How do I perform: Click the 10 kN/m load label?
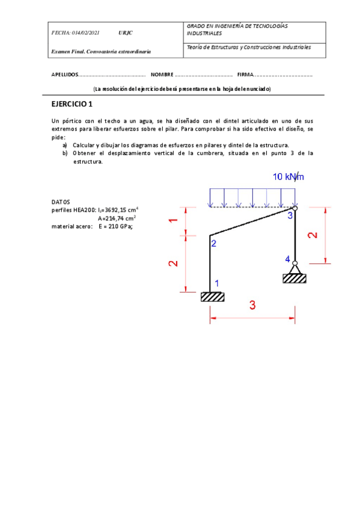pyautogui.click(x=288, y=177)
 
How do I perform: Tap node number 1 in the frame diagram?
pyautogui.click(x=217, y=283)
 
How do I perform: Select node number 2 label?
pyautogui.click(x=213, y=243)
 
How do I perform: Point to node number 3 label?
pyautogui.click(x=290, y=216)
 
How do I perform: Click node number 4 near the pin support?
pyautogui.click(x=287, y=259)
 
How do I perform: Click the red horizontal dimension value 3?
pyautogui.click(x=252, y=306)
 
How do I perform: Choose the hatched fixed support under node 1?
pyautogui.click(x=212, y=296)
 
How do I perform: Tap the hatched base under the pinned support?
pyautogui.click(x=294, y=278)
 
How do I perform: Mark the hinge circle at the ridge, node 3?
pyautogui.click(x=294, y=208)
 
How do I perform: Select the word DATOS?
pyautogui.click(x=61, y=202)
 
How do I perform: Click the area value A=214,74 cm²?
pyautogui.click(x=117, y=218)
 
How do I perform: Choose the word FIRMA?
pyautogui.click(x=246, y=75)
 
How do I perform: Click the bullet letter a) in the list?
pyautogui.click(x=65, y=146)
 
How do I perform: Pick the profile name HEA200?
pyautogui.click(x=85, y=210)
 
